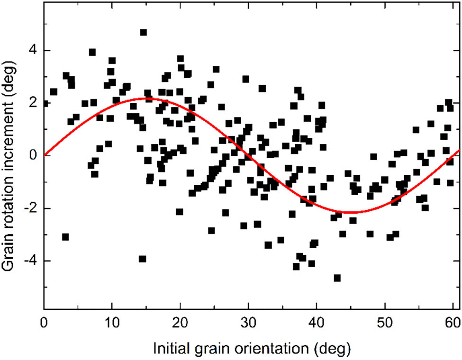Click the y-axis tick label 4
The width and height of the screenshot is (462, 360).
34,51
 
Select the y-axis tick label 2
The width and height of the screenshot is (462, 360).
34,103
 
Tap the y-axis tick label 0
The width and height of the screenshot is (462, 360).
34,155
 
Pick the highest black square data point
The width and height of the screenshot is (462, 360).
143,32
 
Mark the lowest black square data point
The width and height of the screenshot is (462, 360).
337,278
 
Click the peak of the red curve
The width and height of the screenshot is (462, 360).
146,98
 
